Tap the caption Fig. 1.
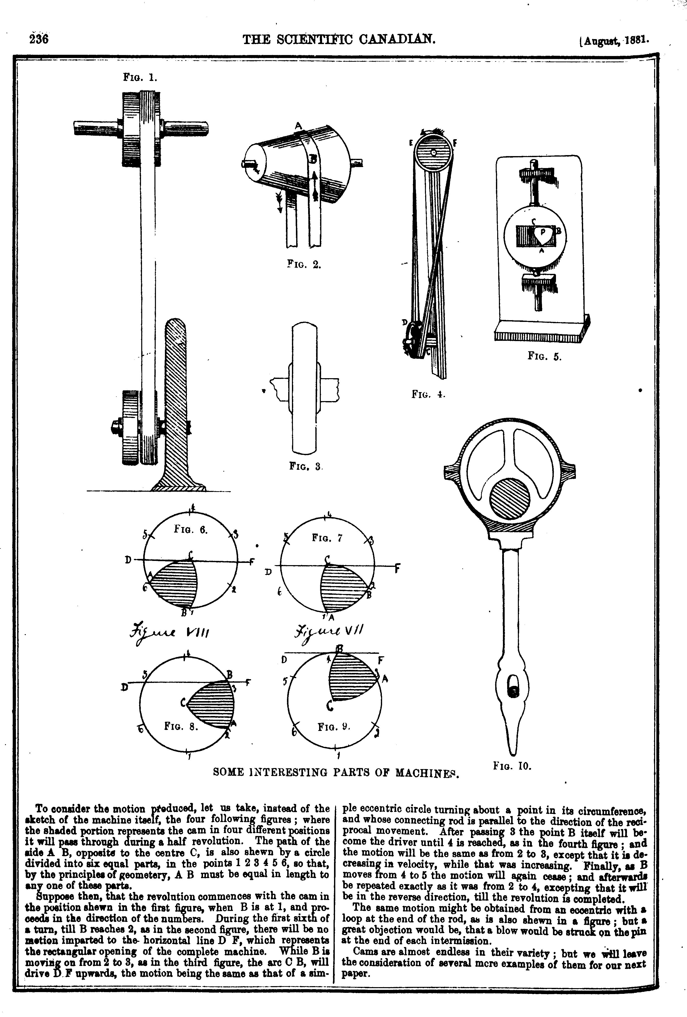click(140, 78)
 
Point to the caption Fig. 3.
click(306, 467)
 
